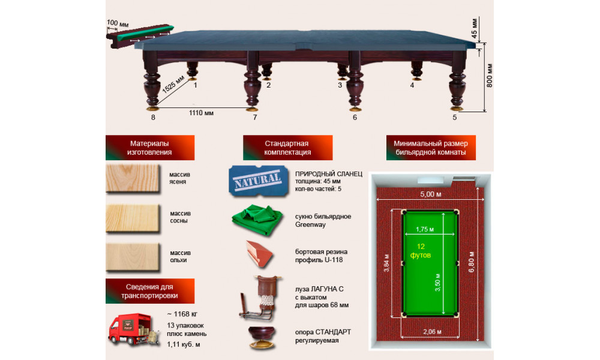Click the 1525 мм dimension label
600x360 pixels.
pyautogui.click(x=173, y=85)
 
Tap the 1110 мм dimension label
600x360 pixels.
pyautogui.click(x=201, y=113)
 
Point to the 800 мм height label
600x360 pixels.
pyautogui.click(x=489, y=76)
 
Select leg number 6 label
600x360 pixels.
pyautogui.click(x=355, y=118)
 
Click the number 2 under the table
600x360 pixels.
pyautogui.click(x=268, y=85)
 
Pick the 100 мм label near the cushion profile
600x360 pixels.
pyautogui.click(x=118, y=23)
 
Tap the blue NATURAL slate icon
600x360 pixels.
pyautogui.click(x=258, y=181)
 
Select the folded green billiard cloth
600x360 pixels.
pyautogui.click(x=257, y=220)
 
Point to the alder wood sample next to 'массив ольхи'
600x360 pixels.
pyautogui.click(x=133, y=257)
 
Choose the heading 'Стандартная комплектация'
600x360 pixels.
pyautogui.click(x=287, y=148)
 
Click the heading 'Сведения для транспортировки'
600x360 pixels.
pyautogui.click(x=149, y=291)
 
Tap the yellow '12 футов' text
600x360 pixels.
pyautogui.click(x=421, y=251)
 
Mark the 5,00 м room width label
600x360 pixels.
pyautogui.click(x=430, y=194)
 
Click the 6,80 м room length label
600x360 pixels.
pyautogui.click(x=471, y=262)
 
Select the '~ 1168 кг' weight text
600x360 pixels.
pyautogui.click(x=182, y=314)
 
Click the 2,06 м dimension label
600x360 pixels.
pyautogui.click(x=432, y=332)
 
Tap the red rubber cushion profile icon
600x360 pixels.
pyautogui.click(x=259, y=254)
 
